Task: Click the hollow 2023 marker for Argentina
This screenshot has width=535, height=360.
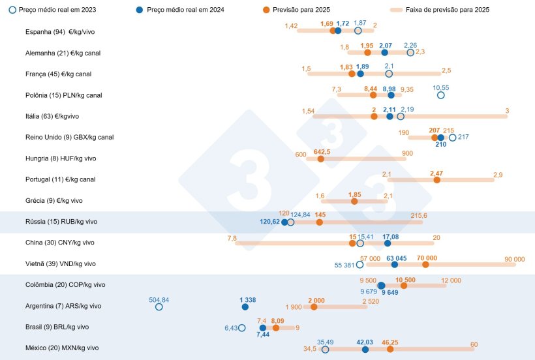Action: click(159, 307)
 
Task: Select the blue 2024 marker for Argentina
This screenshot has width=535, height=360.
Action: click(245, 307)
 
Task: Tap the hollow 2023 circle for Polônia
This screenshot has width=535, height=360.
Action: click(440, 95)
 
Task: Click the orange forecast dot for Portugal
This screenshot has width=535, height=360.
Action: click(436, 179)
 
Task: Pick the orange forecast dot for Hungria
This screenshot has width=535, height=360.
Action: click(321, 158)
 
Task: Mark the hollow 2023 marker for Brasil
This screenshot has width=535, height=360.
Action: click(242, 328)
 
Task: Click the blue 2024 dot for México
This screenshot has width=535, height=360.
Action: click(365, 350)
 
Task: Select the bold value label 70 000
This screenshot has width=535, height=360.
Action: click(427, 258)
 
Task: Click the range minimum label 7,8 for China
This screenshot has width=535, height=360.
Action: click(232, 238)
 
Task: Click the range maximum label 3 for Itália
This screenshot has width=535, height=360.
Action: click(507, 110)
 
